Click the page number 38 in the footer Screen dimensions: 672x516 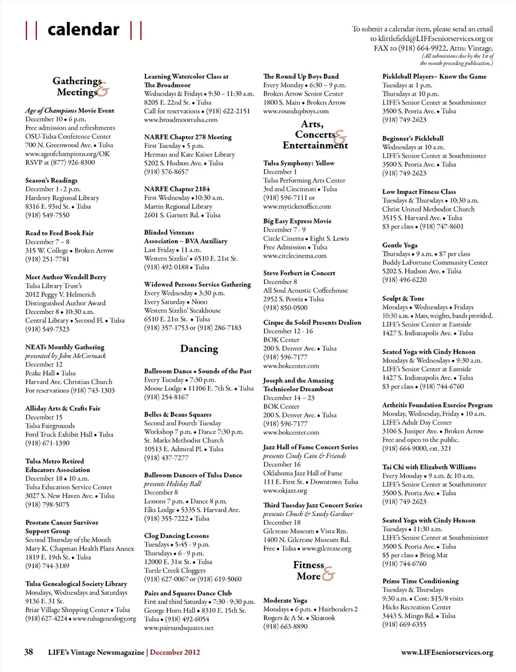coord(28,652)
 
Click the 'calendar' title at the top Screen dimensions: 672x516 coord(83,30)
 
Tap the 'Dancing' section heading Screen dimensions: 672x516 coord(199,349)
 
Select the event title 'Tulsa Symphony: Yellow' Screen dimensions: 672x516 coord(298,163)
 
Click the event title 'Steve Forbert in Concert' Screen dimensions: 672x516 coord(299,273)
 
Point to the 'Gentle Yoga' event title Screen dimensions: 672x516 coord(399,245)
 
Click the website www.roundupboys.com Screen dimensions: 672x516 coord(296,111)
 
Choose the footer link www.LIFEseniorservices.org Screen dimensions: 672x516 coord(447,652)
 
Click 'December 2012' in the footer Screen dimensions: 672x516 coord(175,652)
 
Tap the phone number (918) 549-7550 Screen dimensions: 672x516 coord(47,215)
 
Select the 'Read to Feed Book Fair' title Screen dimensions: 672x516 coord(59,233)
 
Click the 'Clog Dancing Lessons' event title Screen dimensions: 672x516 coord(176,536)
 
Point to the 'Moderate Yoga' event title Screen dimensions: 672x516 coord(285,600)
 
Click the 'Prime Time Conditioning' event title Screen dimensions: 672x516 coord(420,581)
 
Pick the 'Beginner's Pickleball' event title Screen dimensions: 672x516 coord(413,139)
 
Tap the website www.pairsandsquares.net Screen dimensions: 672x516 coord(178,627)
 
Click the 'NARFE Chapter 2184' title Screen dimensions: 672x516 coord(177,189)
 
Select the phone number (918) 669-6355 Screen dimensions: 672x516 coord(404,625)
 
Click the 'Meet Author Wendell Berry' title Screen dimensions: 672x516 coord(66,277)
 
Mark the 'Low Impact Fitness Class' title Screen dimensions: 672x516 coord(419,192)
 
